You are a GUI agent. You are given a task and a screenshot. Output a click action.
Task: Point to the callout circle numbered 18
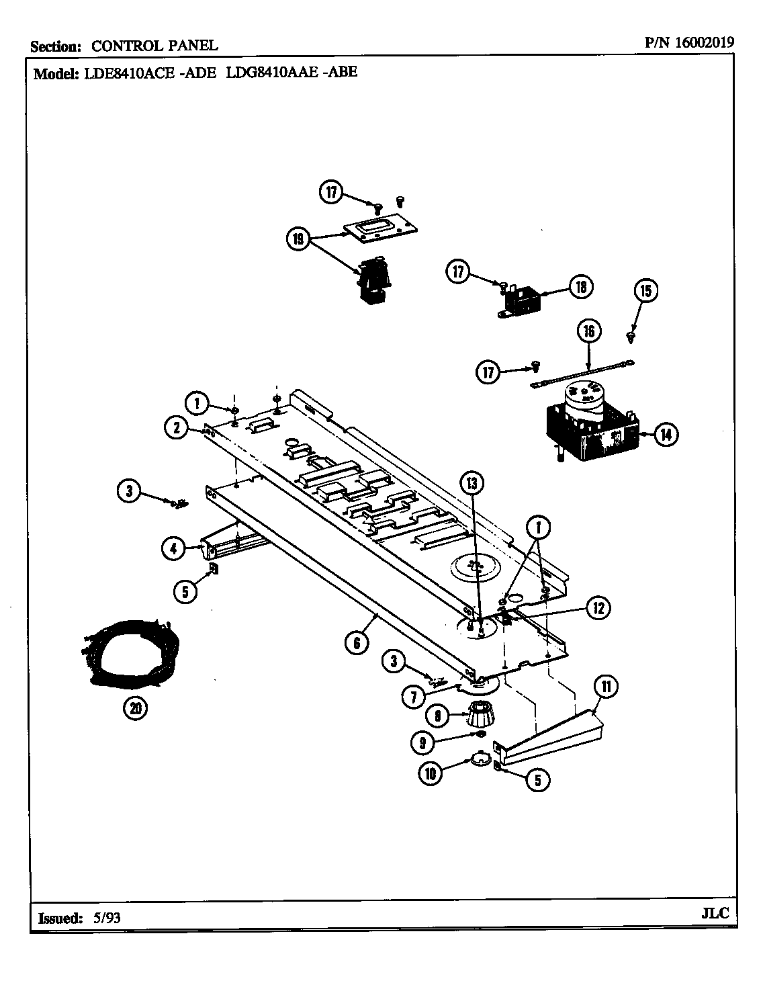coord(580,288)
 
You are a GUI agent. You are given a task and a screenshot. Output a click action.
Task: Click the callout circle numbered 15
coord(644,291)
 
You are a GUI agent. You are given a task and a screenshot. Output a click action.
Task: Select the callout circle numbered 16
coord(588,331)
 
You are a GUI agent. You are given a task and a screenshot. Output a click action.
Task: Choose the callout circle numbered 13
coord(472,482)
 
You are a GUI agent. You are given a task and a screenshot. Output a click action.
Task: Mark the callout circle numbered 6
coord(357,643)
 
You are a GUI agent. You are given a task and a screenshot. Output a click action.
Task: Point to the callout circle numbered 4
coord(173,548)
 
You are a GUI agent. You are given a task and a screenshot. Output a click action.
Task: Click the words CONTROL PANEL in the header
coord(154,46)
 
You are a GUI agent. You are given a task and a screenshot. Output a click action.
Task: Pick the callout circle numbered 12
coord(598,608)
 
